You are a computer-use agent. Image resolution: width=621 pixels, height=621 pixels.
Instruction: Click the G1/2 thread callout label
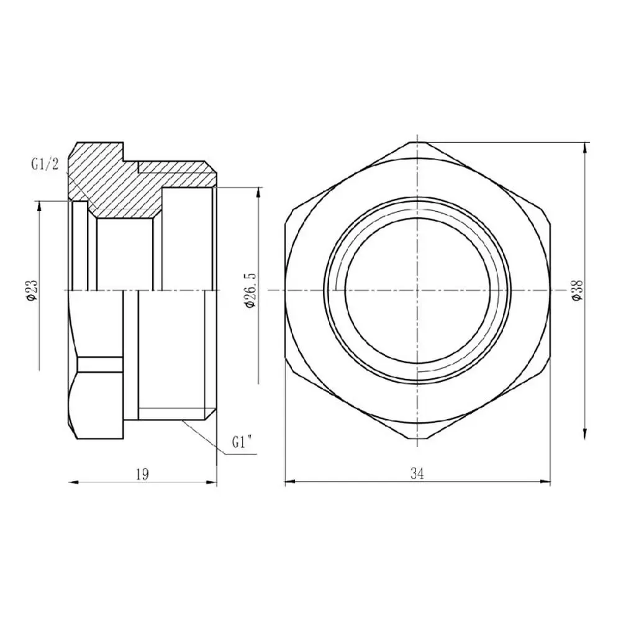45,165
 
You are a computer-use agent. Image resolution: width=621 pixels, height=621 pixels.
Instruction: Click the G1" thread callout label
243,442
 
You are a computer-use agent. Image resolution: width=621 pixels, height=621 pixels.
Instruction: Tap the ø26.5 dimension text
251,289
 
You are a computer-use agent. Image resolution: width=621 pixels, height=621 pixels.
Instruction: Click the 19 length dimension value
142,474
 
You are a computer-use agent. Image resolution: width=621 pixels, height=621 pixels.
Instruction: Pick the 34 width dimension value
417,474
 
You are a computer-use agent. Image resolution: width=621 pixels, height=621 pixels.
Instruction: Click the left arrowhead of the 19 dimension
74,482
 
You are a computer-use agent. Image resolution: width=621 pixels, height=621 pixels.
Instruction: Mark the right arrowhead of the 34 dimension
545,482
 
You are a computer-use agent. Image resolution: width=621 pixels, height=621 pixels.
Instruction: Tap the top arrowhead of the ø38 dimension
586,147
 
